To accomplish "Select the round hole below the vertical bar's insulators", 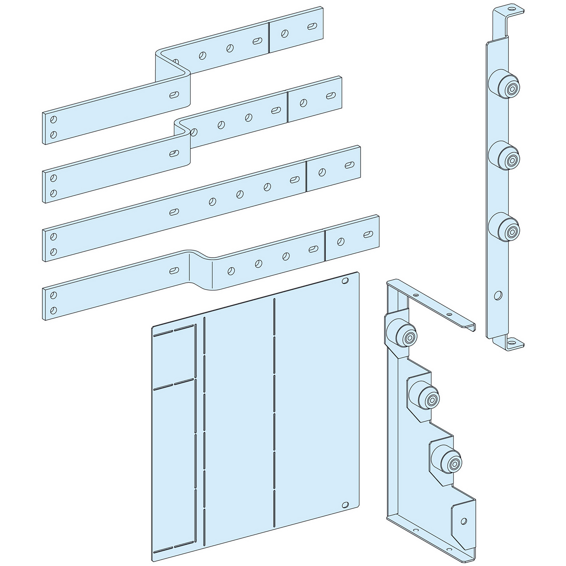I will point(497,295).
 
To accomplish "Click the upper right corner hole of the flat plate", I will point(345,281).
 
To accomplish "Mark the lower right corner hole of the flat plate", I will point(345,505).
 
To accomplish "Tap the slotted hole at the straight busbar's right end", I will point(348,165).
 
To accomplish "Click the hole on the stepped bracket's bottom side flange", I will point(464,521).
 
